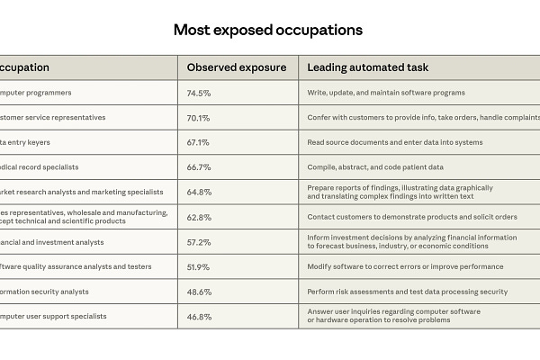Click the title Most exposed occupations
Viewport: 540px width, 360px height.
(268, 30)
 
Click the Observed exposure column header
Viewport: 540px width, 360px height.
(236, 67)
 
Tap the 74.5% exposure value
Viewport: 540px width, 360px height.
(198, 93)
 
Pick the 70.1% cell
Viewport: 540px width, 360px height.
(198, 117)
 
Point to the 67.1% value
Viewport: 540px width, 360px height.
(198, 142)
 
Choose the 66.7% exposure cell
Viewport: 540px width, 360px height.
(198, 166)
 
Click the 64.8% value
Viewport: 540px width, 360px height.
(199, 192)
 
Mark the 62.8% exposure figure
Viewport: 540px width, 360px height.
(199, 217)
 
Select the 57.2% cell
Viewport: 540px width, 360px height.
(199, 242)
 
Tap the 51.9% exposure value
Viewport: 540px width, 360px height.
(198, 266)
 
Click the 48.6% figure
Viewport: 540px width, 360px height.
(199, 292)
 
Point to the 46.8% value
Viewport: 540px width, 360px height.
(199, 316)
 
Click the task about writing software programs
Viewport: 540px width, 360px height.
(386, 93)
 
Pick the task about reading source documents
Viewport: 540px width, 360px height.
(395, 142)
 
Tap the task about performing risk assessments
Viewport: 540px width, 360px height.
(408, 292)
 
